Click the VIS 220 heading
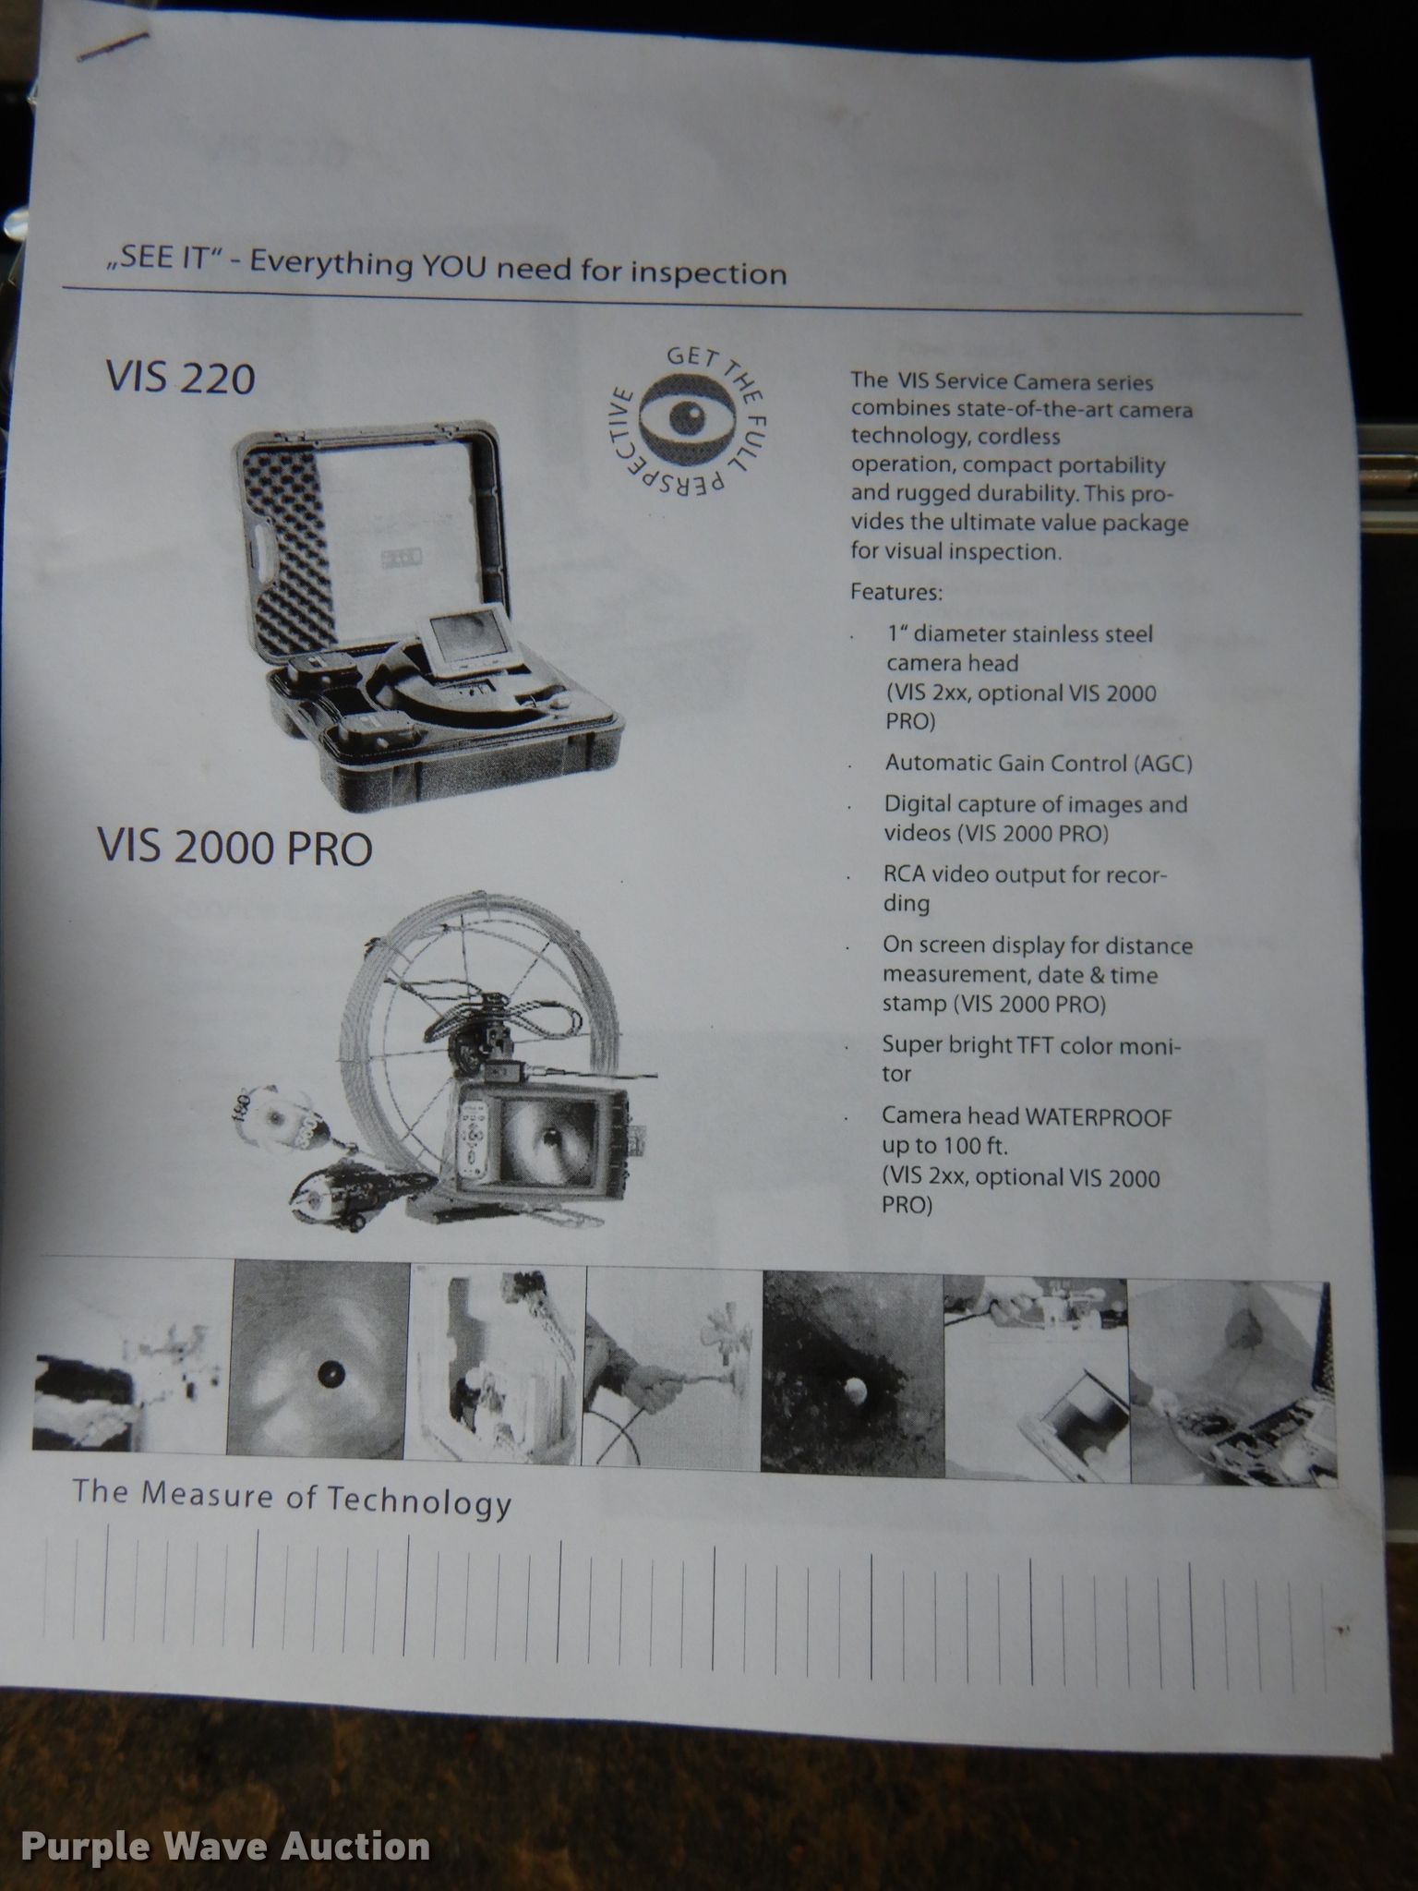click(x=181, y=379)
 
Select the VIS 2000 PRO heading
click(x=234, y=847)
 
